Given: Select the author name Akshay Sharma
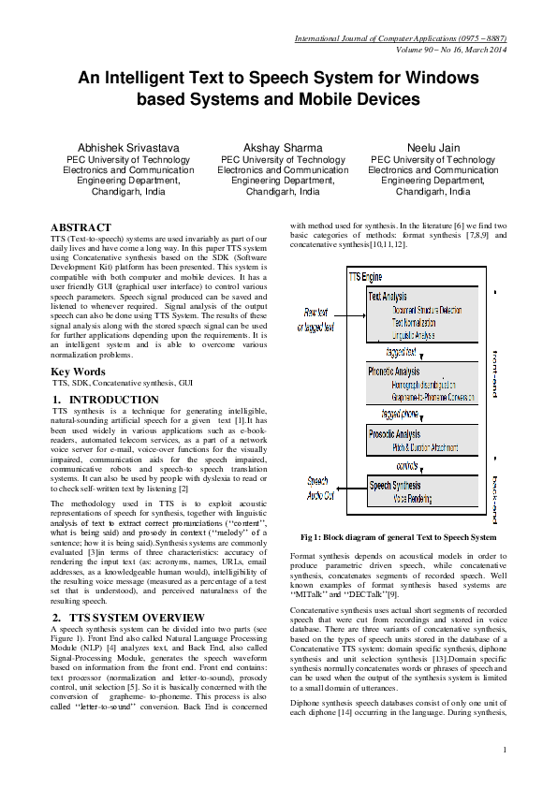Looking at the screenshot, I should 271,148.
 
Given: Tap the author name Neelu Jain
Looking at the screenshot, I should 432,148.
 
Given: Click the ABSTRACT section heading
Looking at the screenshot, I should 81,227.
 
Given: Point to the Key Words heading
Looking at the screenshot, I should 78,372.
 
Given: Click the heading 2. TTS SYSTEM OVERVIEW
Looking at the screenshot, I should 128,618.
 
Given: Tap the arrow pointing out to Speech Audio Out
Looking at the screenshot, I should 347,487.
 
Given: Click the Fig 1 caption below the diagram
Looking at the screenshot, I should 398,537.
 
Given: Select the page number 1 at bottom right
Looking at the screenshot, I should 505,749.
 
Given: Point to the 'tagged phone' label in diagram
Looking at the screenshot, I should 403,413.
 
